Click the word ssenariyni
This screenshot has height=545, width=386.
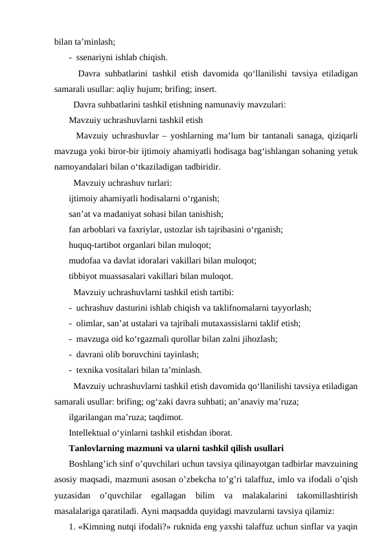click(96, 56)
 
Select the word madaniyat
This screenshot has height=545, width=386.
click(127, 213)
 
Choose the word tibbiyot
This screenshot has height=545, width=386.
click(84, 276)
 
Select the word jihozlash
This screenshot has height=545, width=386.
click(258, 338)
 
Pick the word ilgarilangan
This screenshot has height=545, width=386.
click(93, 416)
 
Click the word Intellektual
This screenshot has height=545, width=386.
click(93, 432)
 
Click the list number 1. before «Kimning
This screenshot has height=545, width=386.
click(73, 526)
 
